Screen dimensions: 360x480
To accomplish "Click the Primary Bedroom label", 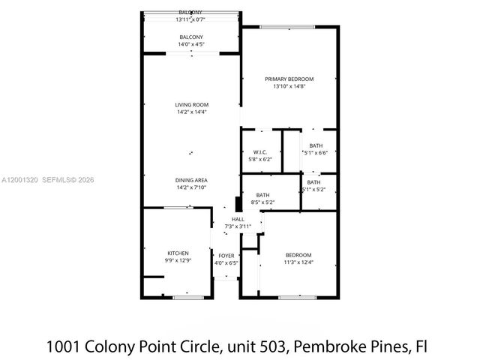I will click(x=289, y=79).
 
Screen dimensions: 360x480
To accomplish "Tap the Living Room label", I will click(x=191, y=104).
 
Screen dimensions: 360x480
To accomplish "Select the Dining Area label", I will click(x=191, y=180).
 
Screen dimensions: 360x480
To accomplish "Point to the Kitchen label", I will click(x=178, y=253).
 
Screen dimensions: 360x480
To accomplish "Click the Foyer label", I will click(x=226, y=256).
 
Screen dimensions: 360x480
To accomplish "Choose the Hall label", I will click(x=238, y=219).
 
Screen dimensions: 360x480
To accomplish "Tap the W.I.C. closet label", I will click(x=259, y=151).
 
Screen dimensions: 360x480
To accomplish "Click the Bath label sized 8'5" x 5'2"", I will click(x=262, y=195).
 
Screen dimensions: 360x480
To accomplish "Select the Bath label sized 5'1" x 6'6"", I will click(x=316, y=145).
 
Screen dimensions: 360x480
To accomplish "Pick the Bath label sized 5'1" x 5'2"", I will click(x=313, y=182).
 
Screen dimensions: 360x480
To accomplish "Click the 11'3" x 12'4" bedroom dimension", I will click(x=298, y=262).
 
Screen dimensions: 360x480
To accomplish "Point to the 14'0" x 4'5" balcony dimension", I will click(x=190, y=45).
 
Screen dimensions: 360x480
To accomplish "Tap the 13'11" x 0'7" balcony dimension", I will click(x=190, y=20).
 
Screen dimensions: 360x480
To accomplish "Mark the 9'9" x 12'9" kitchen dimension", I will click(x=178, y=260).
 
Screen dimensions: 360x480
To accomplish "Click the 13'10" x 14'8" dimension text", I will click(x=289, y=87).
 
